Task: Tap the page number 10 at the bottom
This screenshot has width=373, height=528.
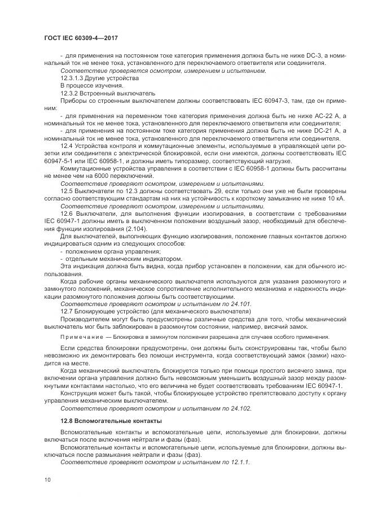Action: (47, 480)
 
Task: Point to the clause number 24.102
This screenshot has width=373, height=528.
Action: (240, 408)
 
